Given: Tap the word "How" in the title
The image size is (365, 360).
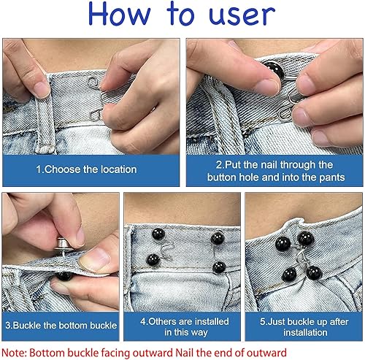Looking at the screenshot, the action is click(x=120, y=14).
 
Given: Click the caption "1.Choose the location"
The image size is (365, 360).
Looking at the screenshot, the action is click(x=86, y=169).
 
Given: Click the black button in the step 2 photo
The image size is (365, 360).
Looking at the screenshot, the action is click(x=274, y=70).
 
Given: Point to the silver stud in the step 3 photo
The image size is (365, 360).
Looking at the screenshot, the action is click(x=64, y=245).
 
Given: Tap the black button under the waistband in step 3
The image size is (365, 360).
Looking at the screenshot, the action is click(x=64, y=276).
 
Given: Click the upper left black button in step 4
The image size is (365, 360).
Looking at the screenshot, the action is click(x=158, y=234).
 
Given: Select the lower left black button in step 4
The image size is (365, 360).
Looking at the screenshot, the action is click(x=153, y=260).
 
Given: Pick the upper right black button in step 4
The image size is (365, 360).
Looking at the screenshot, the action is click(x=218, y=238).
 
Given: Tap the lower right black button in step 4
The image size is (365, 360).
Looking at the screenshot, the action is click(x=219, y=267).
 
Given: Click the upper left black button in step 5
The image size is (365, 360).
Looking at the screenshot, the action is click(x=283, y=243).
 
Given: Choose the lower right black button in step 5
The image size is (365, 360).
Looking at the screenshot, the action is click(x=314, y=273).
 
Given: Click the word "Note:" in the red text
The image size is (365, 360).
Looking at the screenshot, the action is click(x=14, y=353).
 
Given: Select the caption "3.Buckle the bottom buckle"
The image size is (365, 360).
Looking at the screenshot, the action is click(x=61, y=326).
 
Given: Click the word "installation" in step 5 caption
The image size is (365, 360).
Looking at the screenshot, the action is click(x=305, y=332).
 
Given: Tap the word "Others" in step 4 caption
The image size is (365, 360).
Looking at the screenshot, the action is click(x=162, y=321).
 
